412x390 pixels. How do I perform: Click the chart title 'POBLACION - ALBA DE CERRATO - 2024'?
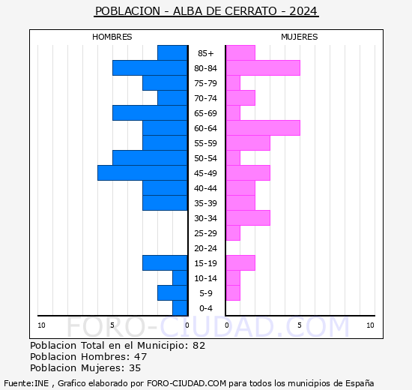click(206, 11)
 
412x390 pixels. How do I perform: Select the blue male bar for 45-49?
click(142, 173)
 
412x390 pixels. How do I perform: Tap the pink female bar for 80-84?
click(262, 68)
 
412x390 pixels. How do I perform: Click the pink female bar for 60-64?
click(262, 128)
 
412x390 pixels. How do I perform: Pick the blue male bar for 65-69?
click(150, 113)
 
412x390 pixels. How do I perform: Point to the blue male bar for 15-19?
click(165, 263)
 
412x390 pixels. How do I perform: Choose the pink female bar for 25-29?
click(233, 233)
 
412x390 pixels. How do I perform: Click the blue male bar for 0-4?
click(180, 308)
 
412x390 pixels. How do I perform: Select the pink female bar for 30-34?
click(248, 218)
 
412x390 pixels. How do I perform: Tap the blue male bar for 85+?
click(172, 53)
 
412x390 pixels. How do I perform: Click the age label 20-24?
click(206, 248)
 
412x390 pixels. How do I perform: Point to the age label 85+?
click(206, 53)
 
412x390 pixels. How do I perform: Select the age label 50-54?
click(206, 158)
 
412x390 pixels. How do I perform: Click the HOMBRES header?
click(112, 37)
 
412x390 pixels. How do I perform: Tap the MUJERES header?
click(300, 37)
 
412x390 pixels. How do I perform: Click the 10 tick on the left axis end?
click(41, 325)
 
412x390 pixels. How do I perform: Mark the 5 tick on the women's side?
click(299, 325)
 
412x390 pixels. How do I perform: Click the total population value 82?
click(199, 346)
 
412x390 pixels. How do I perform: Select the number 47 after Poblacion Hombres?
click(141, 357)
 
